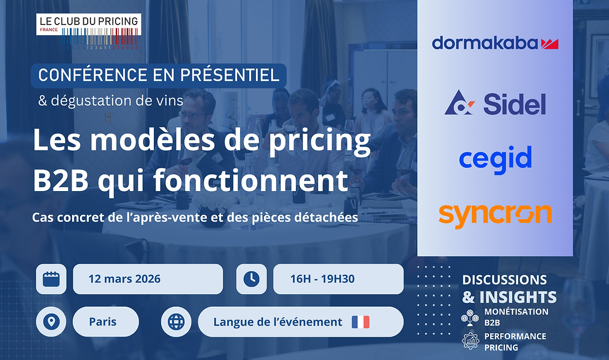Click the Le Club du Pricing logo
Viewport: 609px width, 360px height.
pyautogui.click(x=88, y=31)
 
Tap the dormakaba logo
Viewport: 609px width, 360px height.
pyautogui.click(x=495, y=43)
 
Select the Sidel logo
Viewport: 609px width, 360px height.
pyautogui.click(x=495, y=103)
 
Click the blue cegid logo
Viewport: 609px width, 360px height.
pyautogui.click(x=495, y=158)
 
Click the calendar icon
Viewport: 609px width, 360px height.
pyautogui.click(x=51, y=278)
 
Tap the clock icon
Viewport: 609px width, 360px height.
pyautogui.click(x=251, y=278)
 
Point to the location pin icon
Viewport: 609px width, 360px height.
pyautogui.click(x=51, y=322)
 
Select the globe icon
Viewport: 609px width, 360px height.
pyautogui.click(x=176, y=322)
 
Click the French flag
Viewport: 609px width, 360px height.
pyautogui.click(x=360, y=322)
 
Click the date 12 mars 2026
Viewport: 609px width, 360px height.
pyautogui.click(x=124, y=279)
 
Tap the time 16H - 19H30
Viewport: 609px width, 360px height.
pyautogui.click(x=322, y=279)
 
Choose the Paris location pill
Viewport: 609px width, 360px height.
pyautogui.click(x=103, y=322)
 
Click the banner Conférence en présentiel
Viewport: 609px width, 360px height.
pyautogui.click(x=159, y=76)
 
